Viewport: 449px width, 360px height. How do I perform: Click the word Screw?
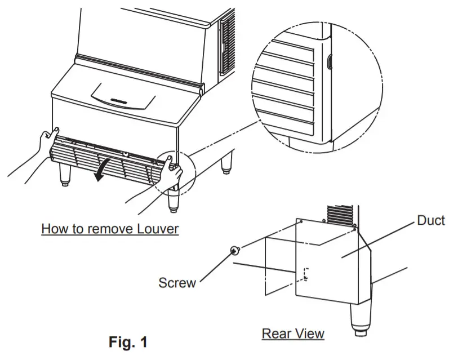click(x=177, y=282)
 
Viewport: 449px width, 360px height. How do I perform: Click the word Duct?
click(x=431, y=220)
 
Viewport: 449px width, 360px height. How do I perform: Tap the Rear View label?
click(x=293, y=334)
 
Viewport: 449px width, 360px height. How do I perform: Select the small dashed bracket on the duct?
click(x=306, y=274)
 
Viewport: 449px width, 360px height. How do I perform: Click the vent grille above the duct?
click(x=341, y=216)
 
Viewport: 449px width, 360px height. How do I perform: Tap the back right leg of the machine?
click(x=227, y=163)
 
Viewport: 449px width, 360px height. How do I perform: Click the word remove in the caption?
click(x=101, y=230)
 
